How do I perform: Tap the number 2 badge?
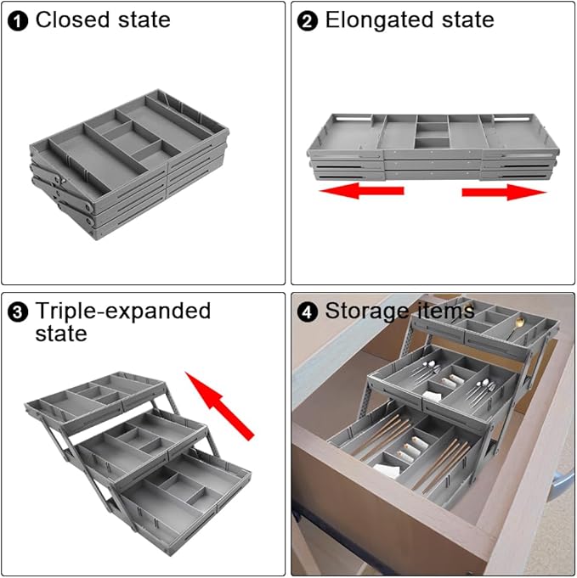[x=308, y=21]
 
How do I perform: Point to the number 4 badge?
[x=308, y=311]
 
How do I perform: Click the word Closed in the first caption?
[x=75, y=20]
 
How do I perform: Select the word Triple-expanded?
[x=122, y=311]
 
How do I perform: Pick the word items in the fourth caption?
[x=444, y=311]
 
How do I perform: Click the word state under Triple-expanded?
[x=60, y=334]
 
